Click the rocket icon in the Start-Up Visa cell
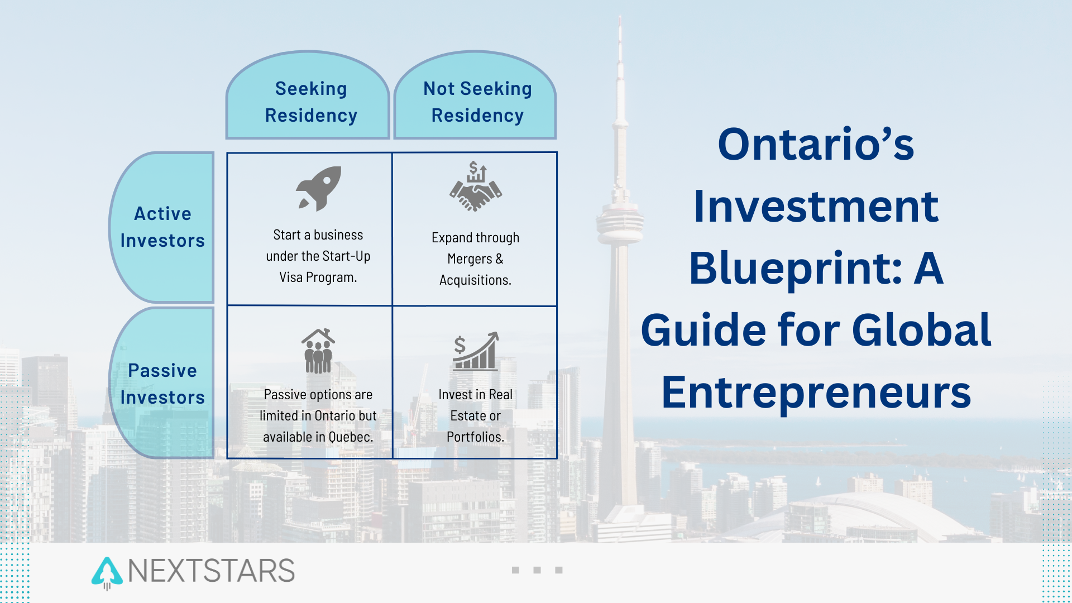click(x=319, y=189)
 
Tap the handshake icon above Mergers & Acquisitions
click(x=476, y=186)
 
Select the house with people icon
click(x=318, y=351)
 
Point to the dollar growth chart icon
click(x=476, y=351)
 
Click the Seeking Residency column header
click(x=308, y=95)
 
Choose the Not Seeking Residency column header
click(x=475, y=95)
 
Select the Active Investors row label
click(x=162, y=227)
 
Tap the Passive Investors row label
click(x=162, y=384)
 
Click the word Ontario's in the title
click(x=816, y=144)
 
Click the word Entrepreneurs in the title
click(x=816, y=393)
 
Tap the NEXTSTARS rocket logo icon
click(x=107, y=573)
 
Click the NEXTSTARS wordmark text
click(x=211, y=571)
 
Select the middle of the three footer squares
click(x=537, y=570)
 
